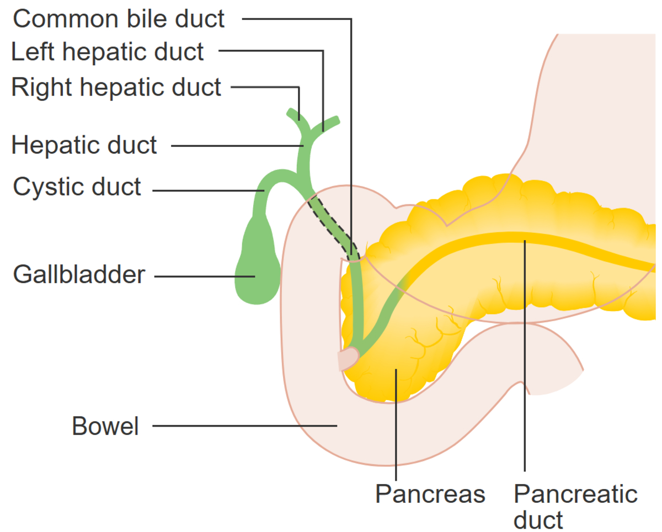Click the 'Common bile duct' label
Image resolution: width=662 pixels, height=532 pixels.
pos(119,19)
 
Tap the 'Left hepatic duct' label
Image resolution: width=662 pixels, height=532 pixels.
pos(108,52)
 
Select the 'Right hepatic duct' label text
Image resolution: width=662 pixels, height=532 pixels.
pos(116,87)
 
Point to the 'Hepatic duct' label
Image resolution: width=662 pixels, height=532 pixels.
pos(84,145)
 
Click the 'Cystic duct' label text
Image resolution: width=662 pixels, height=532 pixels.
pos(77,187)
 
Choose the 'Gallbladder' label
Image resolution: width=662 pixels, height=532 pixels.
pos(79,274)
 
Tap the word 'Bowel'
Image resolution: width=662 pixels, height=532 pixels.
pos(105,426)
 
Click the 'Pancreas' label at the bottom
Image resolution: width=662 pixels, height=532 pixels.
pos(430,494)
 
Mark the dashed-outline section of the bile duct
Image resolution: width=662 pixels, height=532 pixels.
pos(331,226)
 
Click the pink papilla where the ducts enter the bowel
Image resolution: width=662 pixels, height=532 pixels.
pos(348,359)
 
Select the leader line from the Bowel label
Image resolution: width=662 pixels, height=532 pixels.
pos(243,425)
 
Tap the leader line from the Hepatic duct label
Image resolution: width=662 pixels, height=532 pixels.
pos(237,146)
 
